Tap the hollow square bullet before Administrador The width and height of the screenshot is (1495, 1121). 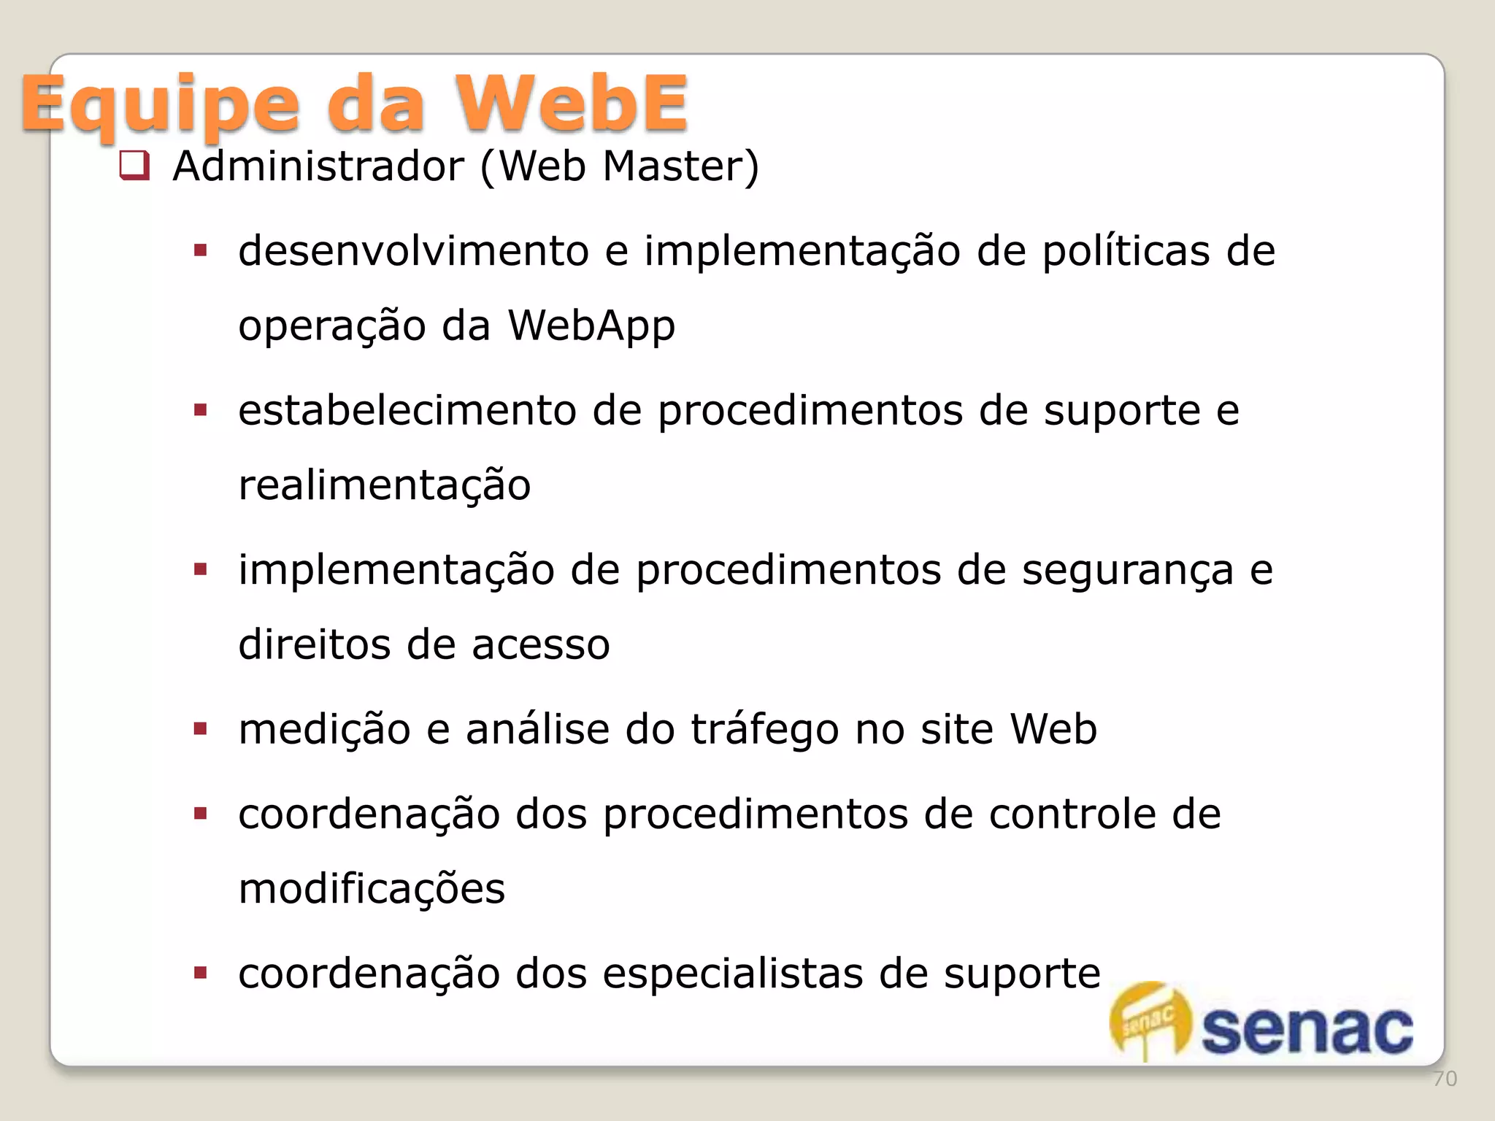pos(134,166)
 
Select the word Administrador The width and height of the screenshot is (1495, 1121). pos(318,166)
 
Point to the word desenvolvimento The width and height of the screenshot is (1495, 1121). pos(413,251)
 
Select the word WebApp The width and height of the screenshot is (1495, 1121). pos(591,326)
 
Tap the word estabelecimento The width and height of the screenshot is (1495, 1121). pos(407,410)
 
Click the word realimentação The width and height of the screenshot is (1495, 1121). pos(385,486)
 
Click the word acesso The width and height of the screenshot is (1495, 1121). pos(540,645)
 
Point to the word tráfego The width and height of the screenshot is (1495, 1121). pos(764,730)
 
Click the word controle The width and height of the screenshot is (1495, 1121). pos(1072,814)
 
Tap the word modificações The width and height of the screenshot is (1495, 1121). pos(372,890)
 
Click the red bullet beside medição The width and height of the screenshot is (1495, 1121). pos(201,728)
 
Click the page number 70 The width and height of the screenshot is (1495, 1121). pos(1445,1079)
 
